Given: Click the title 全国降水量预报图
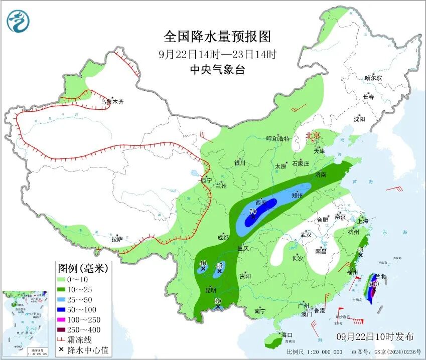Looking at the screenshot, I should click(x=217, y=37).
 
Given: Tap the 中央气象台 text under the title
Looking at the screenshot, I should click(x=217, y=70).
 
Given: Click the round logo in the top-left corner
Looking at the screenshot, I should click(x=19, y=21).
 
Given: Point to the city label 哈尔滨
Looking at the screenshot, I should click(x=373, y=78).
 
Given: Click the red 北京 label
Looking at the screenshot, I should click(x=313, y=135).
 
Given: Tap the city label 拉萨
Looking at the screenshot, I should click(x=117, y=239).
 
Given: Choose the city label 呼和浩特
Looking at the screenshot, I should click(x=277, y=139).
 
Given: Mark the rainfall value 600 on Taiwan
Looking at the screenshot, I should click(x=373, y=284).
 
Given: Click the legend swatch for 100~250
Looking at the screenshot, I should click(x=65, y=320).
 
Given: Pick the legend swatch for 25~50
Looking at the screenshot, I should click(x=65, y=300).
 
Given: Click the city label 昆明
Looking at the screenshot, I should click(x=210, y=290).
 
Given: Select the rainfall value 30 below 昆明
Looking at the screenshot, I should click(x=217, y=301).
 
